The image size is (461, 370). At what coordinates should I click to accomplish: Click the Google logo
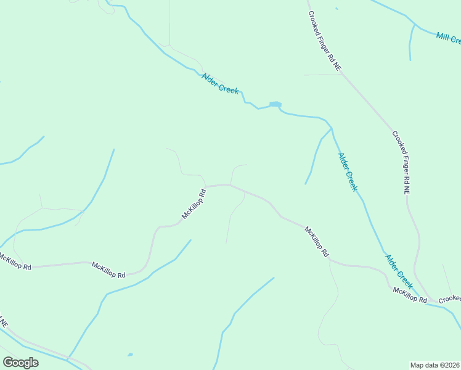pyautogui.click(x=21, y=363)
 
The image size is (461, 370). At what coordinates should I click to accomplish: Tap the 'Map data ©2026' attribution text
pyautogui.click(x=435, y=365)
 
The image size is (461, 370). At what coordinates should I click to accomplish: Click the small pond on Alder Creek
pyautogui.click(x=275, y=104)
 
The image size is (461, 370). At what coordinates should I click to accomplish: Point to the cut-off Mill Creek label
pyautogui.click(x=448, y=38)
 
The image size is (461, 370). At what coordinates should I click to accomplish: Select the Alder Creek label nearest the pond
pyautogui.click(x=220, y=83)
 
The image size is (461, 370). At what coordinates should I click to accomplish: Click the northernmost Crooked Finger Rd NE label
pyautogui.click(x=324, y=43)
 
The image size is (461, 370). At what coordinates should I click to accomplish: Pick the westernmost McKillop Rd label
pyautogui.click(x=15, y=263)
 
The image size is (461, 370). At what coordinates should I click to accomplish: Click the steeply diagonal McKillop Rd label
pyautogui.click(x=194, y=204)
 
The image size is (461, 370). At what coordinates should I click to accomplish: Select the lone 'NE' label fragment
pyautogui.click(x=4, y=323)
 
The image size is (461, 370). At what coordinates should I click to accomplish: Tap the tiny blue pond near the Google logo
pyautogui.click(x=129, y=355)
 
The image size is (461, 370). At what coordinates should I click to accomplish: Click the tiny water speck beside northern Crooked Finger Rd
pyautogui.click(x=337, y=9)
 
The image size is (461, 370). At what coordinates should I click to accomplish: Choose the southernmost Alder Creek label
pyautogui.click(x=399, y=272)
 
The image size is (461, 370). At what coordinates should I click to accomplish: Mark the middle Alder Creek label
pyautogui.click(x=347, y=172)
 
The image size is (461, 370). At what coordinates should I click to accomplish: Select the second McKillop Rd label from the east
pyautogui.click(x=317, y=241)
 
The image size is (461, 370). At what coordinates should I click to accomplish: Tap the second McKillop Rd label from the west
pyautogui.click(x=108, y=269)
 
